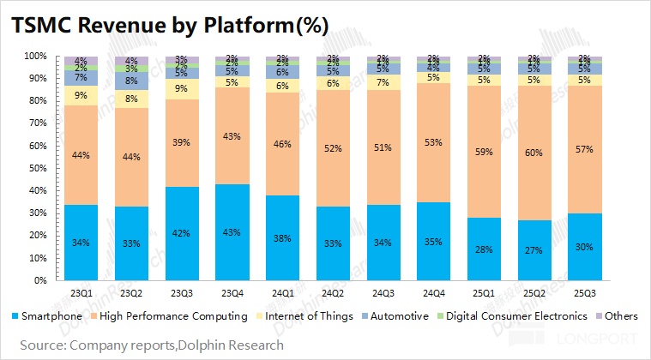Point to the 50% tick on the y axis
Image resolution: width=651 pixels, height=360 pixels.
tap(36, 168)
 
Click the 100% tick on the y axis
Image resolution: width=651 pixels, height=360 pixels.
tap(34, 56)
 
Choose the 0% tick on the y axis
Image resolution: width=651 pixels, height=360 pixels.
tap(39, 280)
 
